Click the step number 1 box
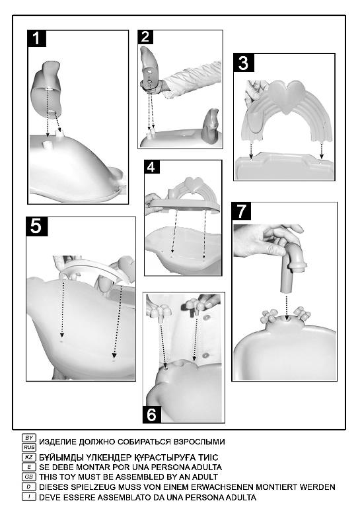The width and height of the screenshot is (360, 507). click(36, 38)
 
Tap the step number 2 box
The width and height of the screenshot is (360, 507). click(145, 37)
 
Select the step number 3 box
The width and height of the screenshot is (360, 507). click(244, 63)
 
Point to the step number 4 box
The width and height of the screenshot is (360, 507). click(152, 167)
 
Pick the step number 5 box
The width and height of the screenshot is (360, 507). click(36, 226)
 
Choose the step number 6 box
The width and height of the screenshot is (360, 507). click(152, 414)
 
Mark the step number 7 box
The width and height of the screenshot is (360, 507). click(242, 211)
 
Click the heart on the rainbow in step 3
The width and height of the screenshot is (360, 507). click(287, 96)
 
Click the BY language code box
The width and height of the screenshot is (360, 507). click(29, 438)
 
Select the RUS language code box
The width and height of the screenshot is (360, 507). click(29, 447)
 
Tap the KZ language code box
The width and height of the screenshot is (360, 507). click(29, 457)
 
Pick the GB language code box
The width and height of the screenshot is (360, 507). click(29, 477)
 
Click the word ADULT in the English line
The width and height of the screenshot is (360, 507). click(205, 477)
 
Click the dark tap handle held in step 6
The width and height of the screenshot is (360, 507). click(194, 306)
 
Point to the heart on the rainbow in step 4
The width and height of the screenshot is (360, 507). click(193, 184)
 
